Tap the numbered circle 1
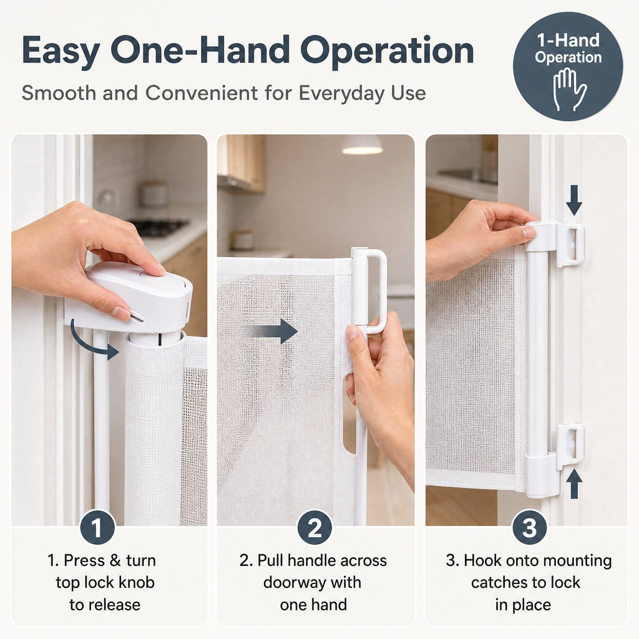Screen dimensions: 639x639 [x=97, y=528]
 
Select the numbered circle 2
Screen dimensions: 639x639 [x=315, y=528]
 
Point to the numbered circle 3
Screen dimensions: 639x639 [x=529, y=528]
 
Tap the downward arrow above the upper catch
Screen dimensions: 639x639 [x=574, y=200]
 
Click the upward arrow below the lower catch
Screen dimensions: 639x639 [x=574, y=484]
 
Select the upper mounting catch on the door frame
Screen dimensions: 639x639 [x=570, y=245]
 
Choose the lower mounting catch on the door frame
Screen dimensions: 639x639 [x=570, y=446]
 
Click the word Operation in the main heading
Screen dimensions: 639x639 [x=387, y=51]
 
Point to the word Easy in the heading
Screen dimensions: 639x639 [x=61, y=51]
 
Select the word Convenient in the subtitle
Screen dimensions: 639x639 [x=202, y=93]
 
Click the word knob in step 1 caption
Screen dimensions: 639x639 [x=135, y=583]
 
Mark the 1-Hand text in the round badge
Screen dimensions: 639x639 [x=568, y=41]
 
